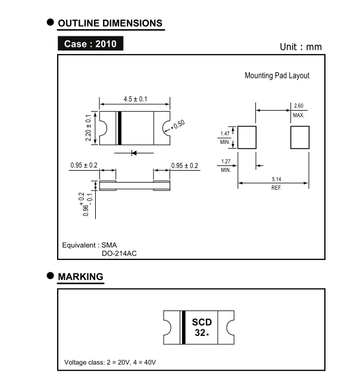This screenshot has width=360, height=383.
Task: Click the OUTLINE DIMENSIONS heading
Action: [x=110, y=23]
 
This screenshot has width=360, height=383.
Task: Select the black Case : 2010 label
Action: [x=90, y=44]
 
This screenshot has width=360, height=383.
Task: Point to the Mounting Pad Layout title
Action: [x=277, y=76]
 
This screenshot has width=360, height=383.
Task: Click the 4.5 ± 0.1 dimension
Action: [x=135, y=99]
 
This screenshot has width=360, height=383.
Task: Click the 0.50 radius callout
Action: [x=178, y=124]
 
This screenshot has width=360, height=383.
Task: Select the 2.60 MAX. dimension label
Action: [x=298, y=110]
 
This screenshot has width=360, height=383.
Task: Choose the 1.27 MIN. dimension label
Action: [x=226, y=165]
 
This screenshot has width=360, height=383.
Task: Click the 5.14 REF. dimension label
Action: [x=276, y=183]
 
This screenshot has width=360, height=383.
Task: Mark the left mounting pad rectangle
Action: [x=247, y=137]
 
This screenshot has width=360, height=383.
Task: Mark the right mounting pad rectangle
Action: [x=300, y=137]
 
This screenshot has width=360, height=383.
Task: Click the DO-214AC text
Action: [x=120, y=253]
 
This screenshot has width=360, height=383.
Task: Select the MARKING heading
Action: [x=80, y=277]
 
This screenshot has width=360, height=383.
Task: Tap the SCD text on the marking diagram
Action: [x=202, y=322]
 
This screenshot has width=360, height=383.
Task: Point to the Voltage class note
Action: [x=111, y=362]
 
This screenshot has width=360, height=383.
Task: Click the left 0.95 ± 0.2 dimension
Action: [x=84, y=165]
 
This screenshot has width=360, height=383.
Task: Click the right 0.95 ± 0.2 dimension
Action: [x=184, y=165]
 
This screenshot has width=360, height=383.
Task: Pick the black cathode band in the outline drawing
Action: [x=120, y=128]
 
